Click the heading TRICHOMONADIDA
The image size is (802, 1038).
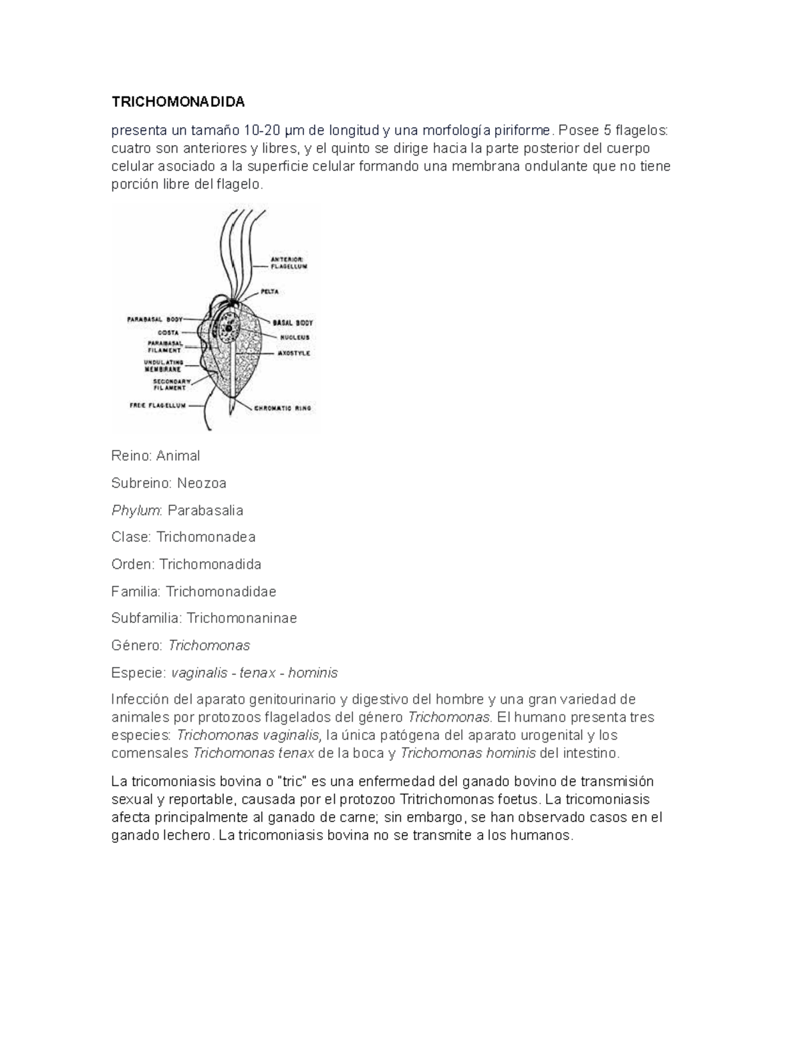click(x=178, y=102)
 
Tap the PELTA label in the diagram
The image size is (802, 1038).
click(x=269, y=292)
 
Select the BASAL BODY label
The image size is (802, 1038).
click(x=292, y=323)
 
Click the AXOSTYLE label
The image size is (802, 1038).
click(x=293, y=353)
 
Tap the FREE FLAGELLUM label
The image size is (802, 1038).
click(x=157, y=405)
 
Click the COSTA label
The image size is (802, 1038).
click(x=167, y=332)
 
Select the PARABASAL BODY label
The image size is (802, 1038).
click(x=154, y=319)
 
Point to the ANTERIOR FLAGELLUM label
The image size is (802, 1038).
click(x=288, y=262)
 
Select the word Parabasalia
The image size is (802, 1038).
click(x=205, y=511)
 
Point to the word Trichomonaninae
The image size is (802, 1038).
click(x=241, y=618)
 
